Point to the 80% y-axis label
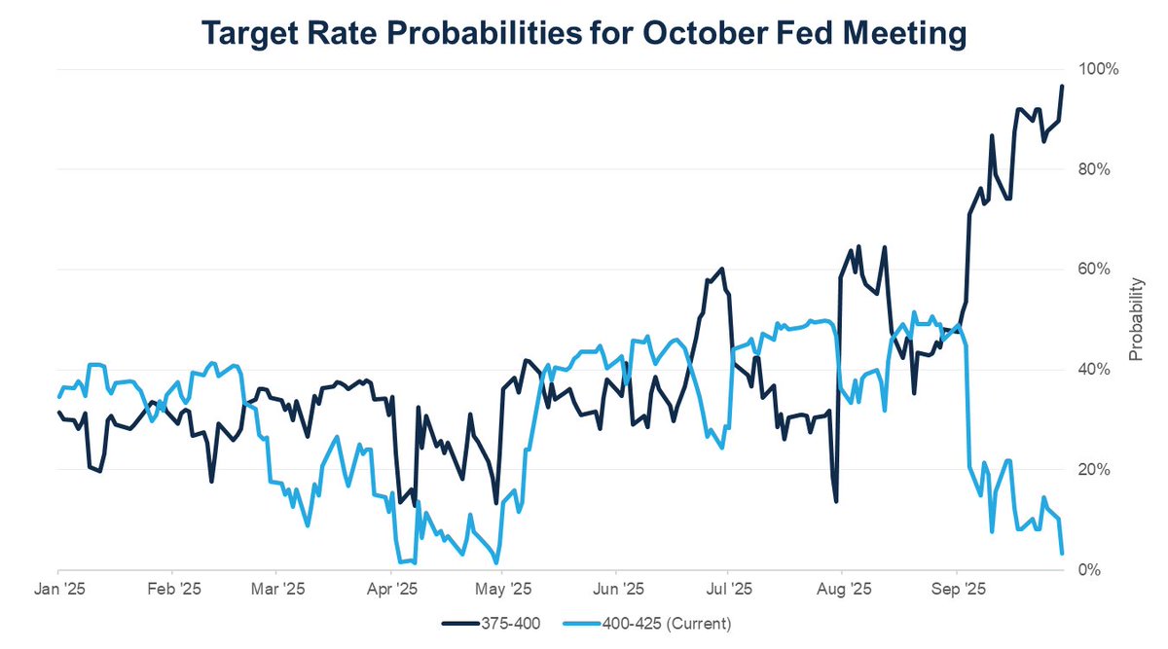(1104, 169)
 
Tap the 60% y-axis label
(1104, 270)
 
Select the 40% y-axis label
(1104, 370)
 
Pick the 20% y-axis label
(1104, 470)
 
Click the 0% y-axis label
(1108, 570)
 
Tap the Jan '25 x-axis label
(58, 590)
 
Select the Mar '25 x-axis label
(277, 590)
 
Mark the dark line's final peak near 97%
(1062, 86)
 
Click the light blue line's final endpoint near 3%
(1062, 554)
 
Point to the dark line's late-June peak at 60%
(722, 269)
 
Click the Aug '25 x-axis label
(842, 590)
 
